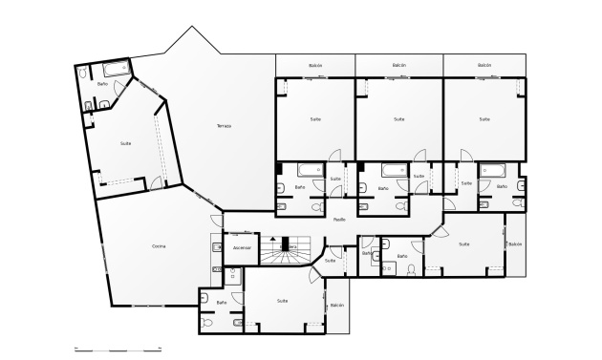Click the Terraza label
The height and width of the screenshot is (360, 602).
pyautogui.click(x=224, y=126)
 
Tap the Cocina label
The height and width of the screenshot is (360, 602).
pyautogui.click(x=159, y=246)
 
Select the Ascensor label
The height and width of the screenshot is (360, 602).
pyautogui.click(x=242, y=247)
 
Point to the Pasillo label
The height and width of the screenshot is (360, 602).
pyautogui.click(x=339, y=220)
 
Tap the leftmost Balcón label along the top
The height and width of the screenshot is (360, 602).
pyautogui.click(x=315, y=66)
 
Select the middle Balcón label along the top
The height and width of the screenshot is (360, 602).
pyautogui.click(x=399, y=66)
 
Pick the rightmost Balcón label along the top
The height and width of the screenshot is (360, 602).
pyautogui.click(x=484, y=66)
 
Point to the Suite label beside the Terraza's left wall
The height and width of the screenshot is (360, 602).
pyautogui.click(x=126, y=143)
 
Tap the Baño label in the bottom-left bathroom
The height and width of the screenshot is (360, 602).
pyautogui.click(x=222, y=303)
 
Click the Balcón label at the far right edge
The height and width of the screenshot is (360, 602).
pyautogui.click(x=515, y=244)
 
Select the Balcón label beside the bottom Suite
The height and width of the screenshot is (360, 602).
pyautogui.click(x=337, y=306)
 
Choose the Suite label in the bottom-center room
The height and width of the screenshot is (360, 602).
pyautogui.click(x=282, y=301)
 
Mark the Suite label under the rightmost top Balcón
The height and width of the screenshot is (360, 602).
pyautogui.click(x=484, y=119)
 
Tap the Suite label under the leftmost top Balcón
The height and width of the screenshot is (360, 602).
pyautogui.click(x=315, y=119)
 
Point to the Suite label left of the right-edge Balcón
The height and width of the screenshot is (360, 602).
pyautogui.click(x=464, y=244)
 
